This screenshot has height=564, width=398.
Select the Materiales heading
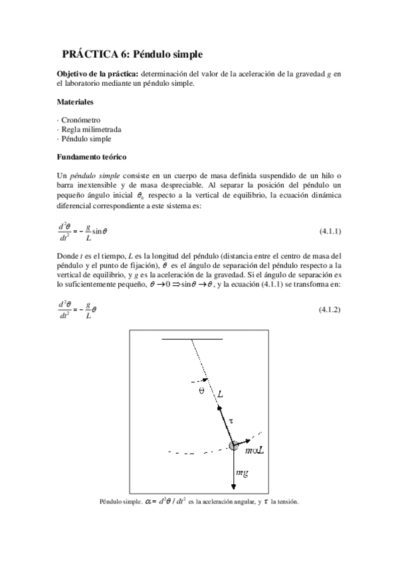[x=74, y=102]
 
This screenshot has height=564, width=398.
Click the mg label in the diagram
[x=243, y=473]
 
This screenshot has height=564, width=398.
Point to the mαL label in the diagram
[x=254, y=450]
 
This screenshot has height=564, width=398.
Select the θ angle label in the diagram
[x=202, y=391]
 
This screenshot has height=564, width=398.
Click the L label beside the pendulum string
[x=220, y=394]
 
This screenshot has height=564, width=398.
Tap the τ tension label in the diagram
[x=231, y=421]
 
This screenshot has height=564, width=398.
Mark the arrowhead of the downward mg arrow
[x=235, y=489]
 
